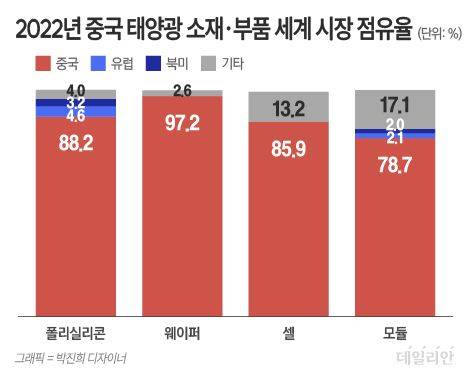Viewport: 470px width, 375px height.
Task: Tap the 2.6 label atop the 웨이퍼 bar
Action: tap(183, 91)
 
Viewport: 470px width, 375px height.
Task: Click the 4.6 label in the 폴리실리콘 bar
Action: tap(76, 115)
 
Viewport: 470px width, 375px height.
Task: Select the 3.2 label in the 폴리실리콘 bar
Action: tap(76, 103)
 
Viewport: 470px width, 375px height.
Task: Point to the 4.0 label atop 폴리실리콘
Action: tap(76, 92)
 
